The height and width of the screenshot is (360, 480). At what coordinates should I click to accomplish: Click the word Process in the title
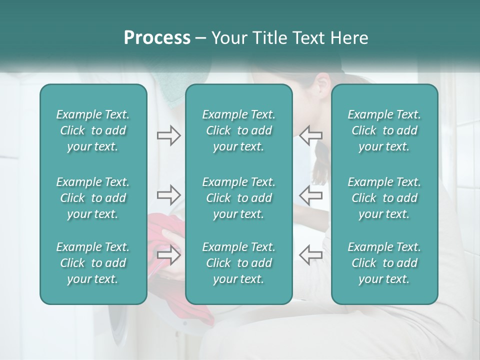(x=157, y=38)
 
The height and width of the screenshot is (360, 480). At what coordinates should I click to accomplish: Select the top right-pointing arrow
(x=168, y=135)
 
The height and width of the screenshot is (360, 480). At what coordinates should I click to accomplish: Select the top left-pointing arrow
(x=310, y=135)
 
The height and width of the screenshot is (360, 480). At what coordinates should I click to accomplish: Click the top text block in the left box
(x=93, y=130)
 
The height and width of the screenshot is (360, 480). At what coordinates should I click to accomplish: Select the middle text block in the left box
(x=93, y=198)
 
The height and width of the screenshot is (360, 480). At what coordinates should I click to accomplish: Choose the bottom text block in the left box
(x=93, y=263)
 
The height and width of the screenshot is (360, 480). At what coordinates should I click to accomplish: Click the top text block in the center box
(x=238, y=130)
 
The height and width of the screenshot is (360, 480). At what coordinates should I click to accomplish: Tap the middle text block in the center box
(x=238, y=198)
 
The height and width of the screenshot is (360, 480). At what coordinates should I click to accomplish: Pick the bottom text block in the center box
(x=238, y=263)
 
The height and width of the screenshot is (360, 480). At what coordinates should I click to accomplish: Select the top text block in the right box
(x=384, y=130)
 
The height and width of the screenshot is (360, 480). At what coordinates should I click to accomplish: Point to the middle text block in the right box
(x=384, y=198)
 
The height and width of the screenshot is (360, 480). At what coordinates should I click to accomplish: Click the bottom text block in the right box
(x=384, y=263)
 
